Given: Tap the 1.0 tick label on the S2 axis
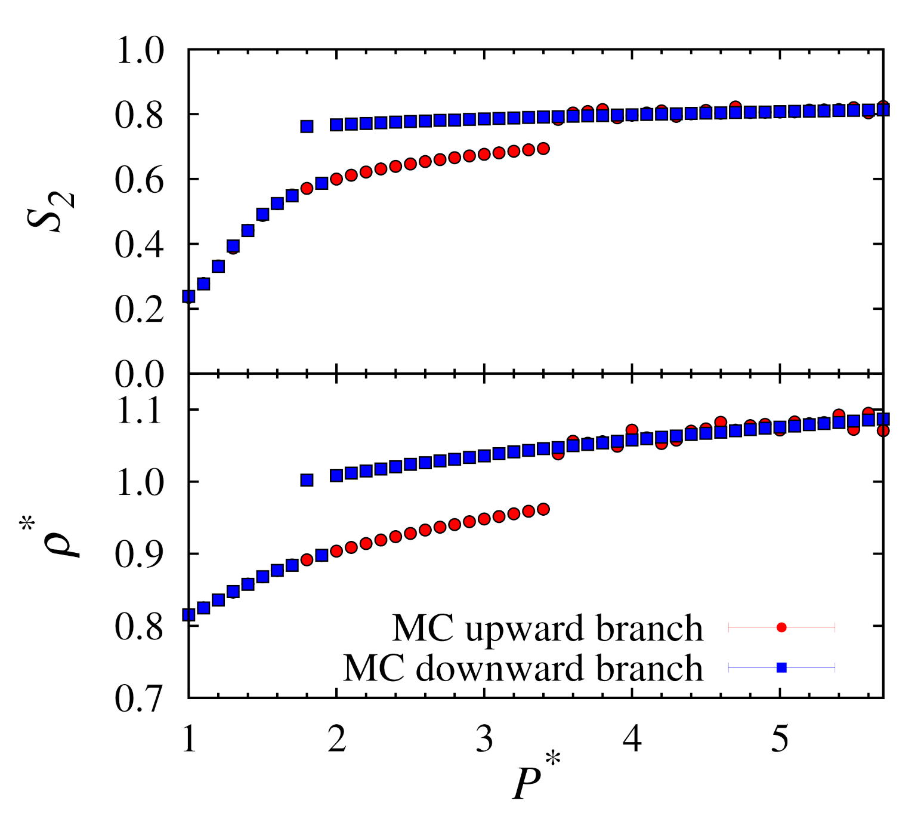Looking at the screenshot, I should coord(139,50).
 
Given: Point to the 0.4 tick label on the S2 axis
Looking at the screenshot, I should coord(139,245).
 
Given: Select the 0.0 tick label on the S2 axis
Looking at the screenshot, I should coord(139,375).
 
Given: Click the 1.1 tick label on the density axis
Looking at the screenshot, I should coord(139,411).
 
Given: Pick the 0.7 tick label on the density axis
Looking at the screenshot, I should coord(139,698).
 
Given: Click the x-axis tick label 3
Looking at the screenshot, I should coord(484,739).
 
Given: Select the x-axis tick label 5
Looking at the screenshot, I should coord(780,739).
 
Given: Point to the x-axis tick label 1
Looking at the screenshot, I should coord(189,739).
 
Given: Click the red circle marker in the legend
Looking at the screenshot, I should coord(781,627).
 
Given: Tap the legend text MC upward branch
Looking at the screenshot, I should coord(547,629).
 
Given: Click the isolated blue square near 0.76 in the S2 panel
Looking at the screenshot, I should coord(307,127).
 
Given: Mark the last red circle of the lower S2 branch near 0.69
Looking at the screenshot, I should coord(543,149).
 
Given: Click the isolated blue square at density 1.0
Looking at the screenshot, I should coord(307,480).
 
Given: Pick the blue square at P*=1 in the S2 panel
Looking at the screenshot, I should coord(189,296).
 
